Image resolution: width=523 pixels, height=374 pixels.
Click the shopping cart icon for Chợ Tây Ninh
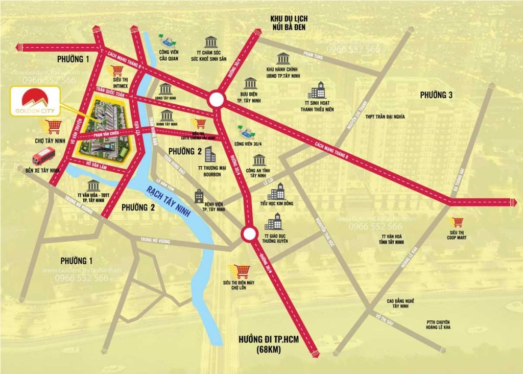click(53, 126)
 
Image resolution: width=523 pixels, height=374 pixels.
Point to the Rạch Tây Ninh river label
click(168, 201)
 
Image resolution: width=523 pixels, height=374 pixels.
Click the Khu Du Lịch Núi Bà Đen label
click(289, 23)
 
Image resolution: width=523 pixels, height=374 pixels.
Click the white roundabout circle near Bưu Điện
click(216, 98)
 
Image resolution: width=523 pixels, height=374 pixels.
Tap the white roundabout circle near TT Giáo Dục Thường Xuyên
click(249, 234)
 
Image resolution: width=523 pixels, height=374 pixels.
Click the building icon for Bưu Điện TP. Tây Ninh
click(250, 84)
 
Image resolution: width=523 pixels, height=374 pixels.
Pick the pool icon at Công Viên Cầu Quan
click(164, 40)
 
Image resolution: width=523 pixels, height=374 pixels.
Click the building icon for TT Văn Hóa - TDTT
click(93, 185)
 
